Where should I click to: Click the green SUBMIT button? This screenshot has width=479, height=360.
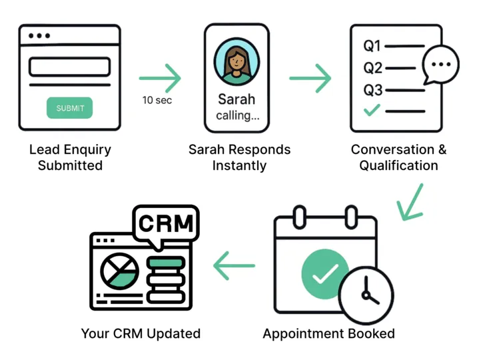click(x=70, y=108)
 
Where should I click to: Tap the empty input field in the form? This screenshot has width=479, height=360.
click(x=70, y=67)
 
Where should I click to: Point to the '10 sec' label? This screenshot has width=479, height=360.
click(x=157, y=100)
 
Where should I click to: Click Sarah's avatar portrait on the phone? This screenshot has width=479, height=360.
click(x=237, y=61)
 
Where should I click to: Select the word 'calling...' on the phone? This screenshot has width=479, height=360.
click(x=238, y=115)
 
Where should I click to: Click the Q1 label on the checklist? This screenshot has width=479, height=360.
click(x=372, y=46)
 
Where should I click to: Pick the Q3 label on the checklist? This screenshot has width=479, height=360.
click(x=372, y=90)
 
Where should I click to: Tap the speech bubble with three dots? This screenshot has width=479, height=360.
click(x=440, y=65)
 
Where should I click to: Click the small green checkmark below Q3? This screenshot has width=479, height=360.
click(x=372, y=110)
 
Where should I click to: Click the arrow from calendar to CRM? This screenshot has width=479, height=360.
click(x=234, y=265)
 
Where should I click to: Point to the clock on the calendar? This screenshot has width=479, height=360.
click(x=366, y=295)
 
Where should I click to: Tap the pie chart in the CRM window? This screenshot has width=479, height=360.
click(x=120, y=271)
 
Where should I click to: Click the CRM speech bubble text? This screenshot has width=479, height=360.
click(x=166, y=223)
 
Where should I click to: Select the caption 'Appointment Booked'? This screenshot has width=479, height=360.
click(x=328, y=334)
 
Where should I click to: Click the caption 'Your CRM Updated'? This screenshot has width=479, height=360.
click(x=141, y=333)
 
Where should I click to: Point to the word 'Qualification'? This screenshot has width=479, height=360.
click(x=398, y=165)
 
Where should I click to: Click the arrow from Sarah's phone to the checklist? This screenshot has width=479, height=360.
click(x=310, y=78)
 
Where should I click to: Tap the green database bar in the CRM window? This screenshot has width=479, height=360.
click(x=166, y=263)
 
